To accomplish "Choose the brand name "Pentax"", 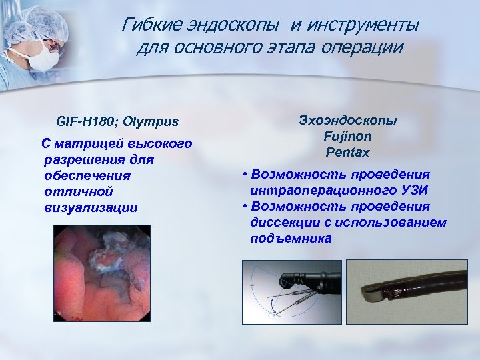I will pos(347,152).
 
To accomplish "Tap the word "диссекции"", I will pos(283,222).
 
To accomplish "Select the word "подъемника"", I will pos(291,238).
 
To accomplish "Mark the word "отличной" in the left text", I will pos(74,191).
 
